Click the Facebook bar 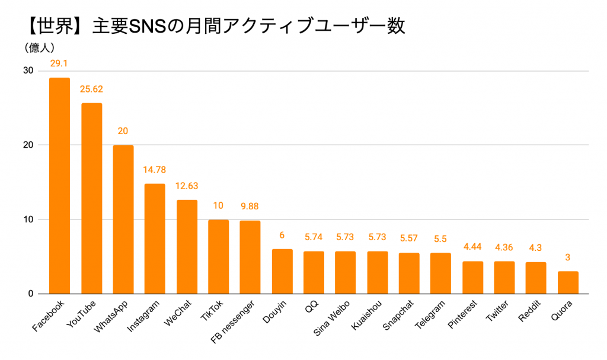(x=59, y=186)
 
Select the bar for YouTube (x=91, y=199)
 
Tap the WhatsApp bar (x=123, y=219)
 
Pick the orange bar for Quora (x=568, y=282)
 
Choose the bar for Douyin (x=282, y=271)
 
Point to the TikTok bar (x=218, y=256)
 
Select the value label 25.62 (x=91, y=89)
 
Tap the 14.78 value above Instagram (x=155, y=170)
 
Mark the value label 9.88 (x=250, y=206)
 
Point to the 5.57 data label (x=409, y=238)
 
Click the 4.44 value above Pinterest (x=472, y=247)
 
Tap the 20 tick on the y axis (x=28, y=145)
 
